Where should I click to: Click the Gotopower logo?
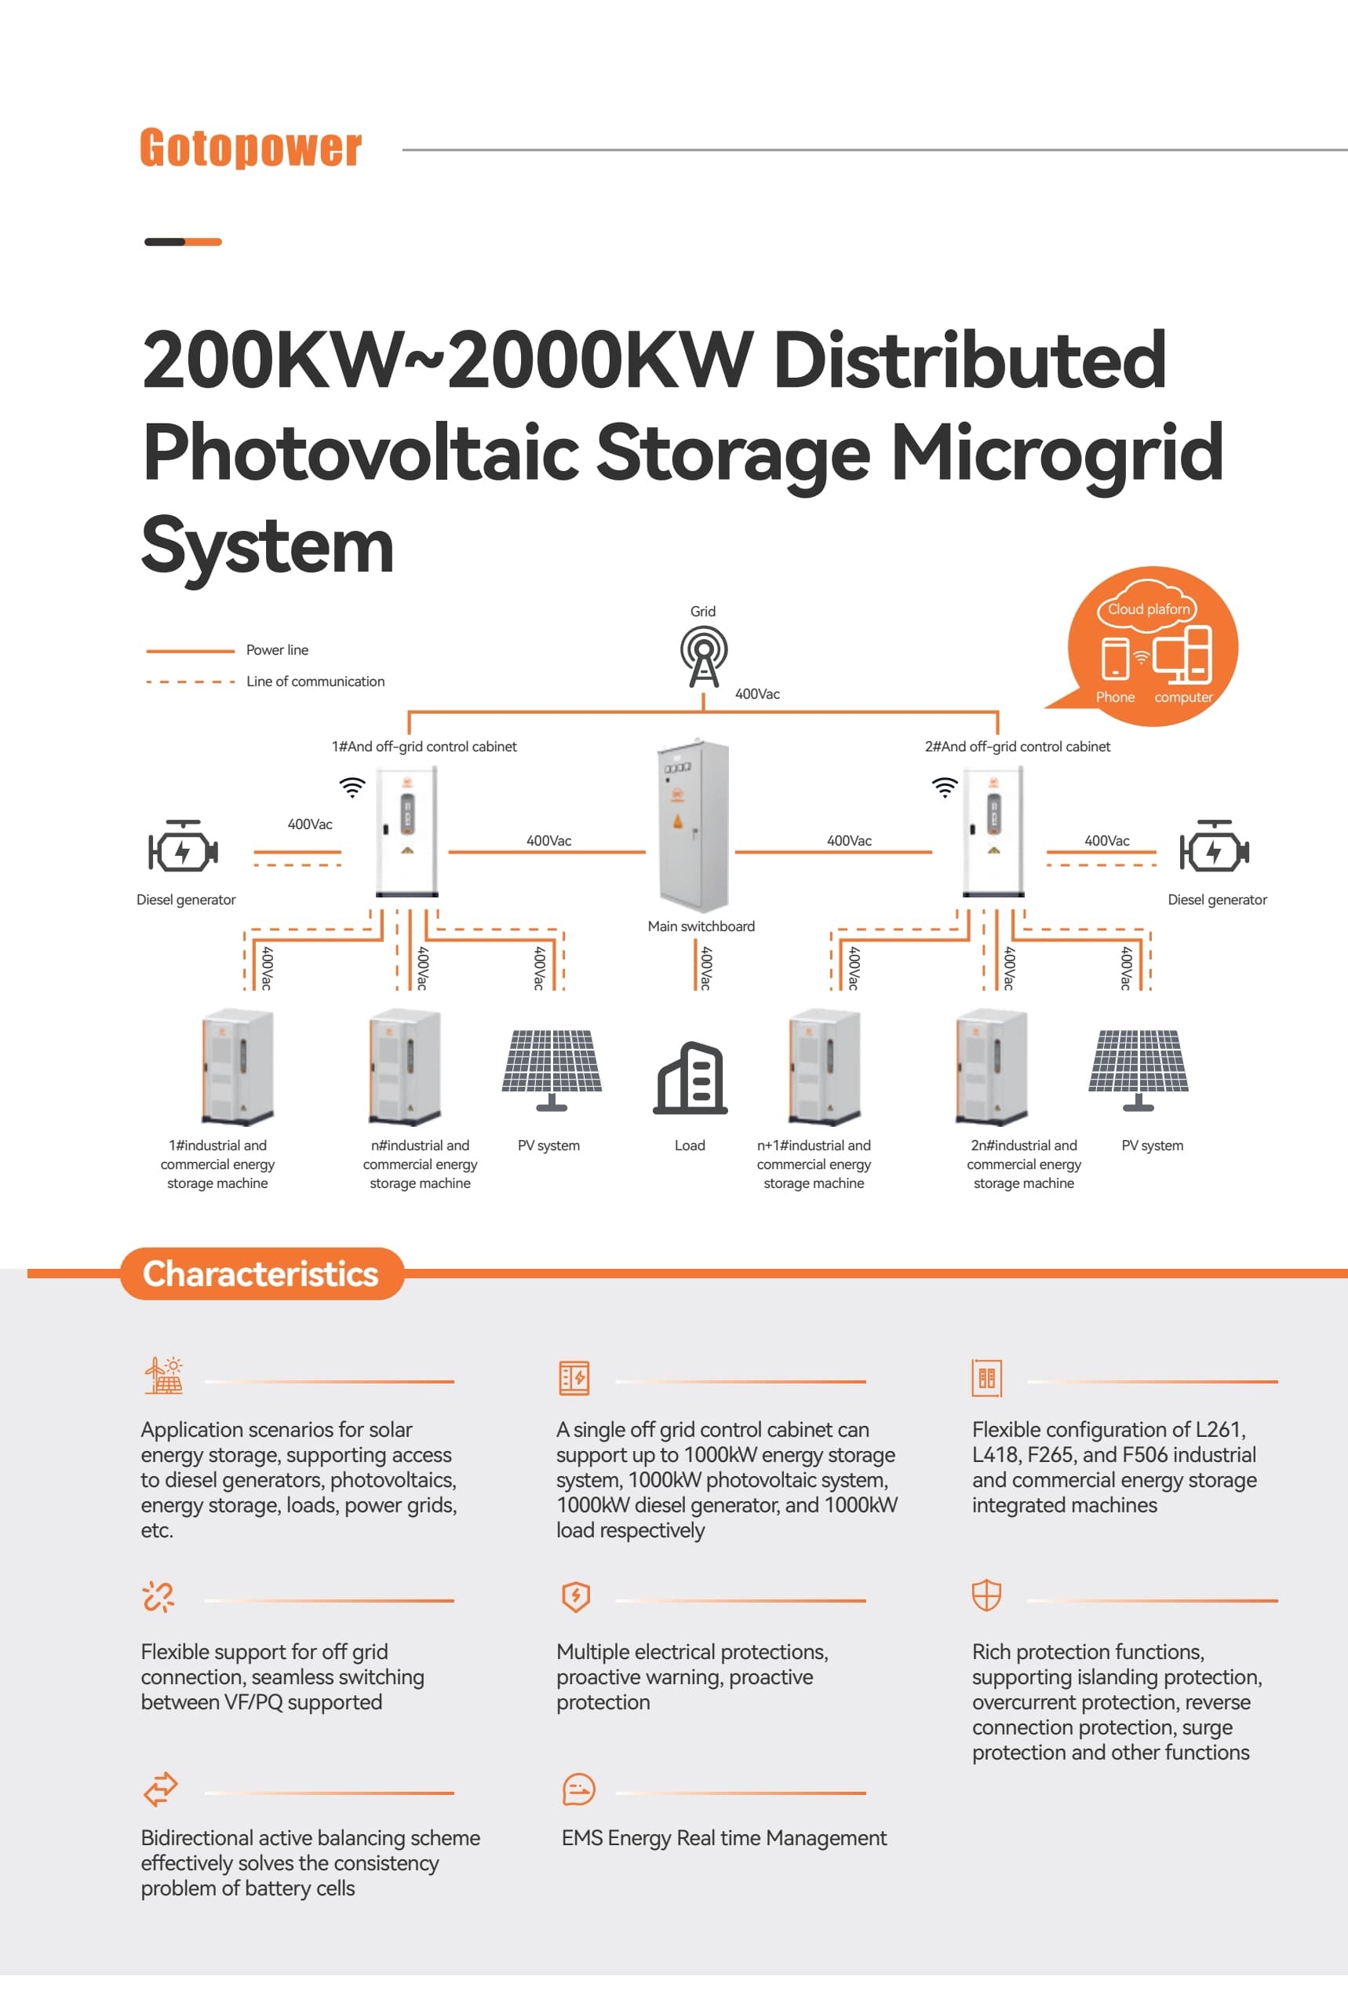pos(250,148)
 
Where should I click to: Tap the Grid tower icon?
pos(703,656)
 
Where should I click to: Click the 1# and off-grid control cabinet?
pos(406,831)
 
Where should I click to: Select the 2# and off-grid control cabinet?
pos(993,831)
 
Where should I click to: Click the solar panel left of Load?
pos(551,1068)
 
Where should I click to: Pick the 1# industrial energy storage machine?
pos(237,1066)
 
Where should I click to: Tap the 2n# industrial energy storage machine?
pos(991,1066)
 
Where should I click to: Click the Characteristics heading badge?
pos(260,1274)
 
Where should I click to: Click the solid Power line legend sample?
pos(190,651)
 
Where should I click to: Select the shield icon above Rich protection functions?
pos(986,1595)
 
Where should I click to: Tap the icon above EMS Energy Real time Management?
pos(577,1789)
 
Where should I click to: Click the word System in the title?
pos(268,547)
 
